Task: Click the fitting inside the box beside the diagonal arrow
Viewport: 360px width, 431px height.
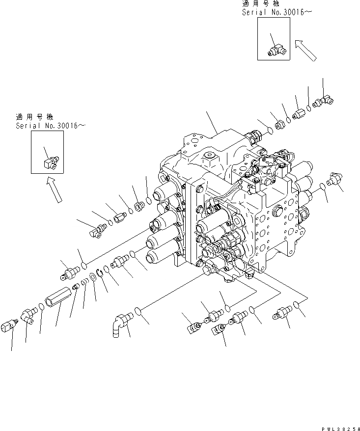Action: pyautogui.click(x=276, y=48)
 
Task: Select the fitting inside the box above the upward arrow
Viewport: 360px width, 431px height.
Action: pyautogui.click(x=50, y=161)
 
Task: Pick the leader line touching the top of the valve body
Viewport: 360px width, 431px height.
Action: pyautogui.click(x=212, y=123)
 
